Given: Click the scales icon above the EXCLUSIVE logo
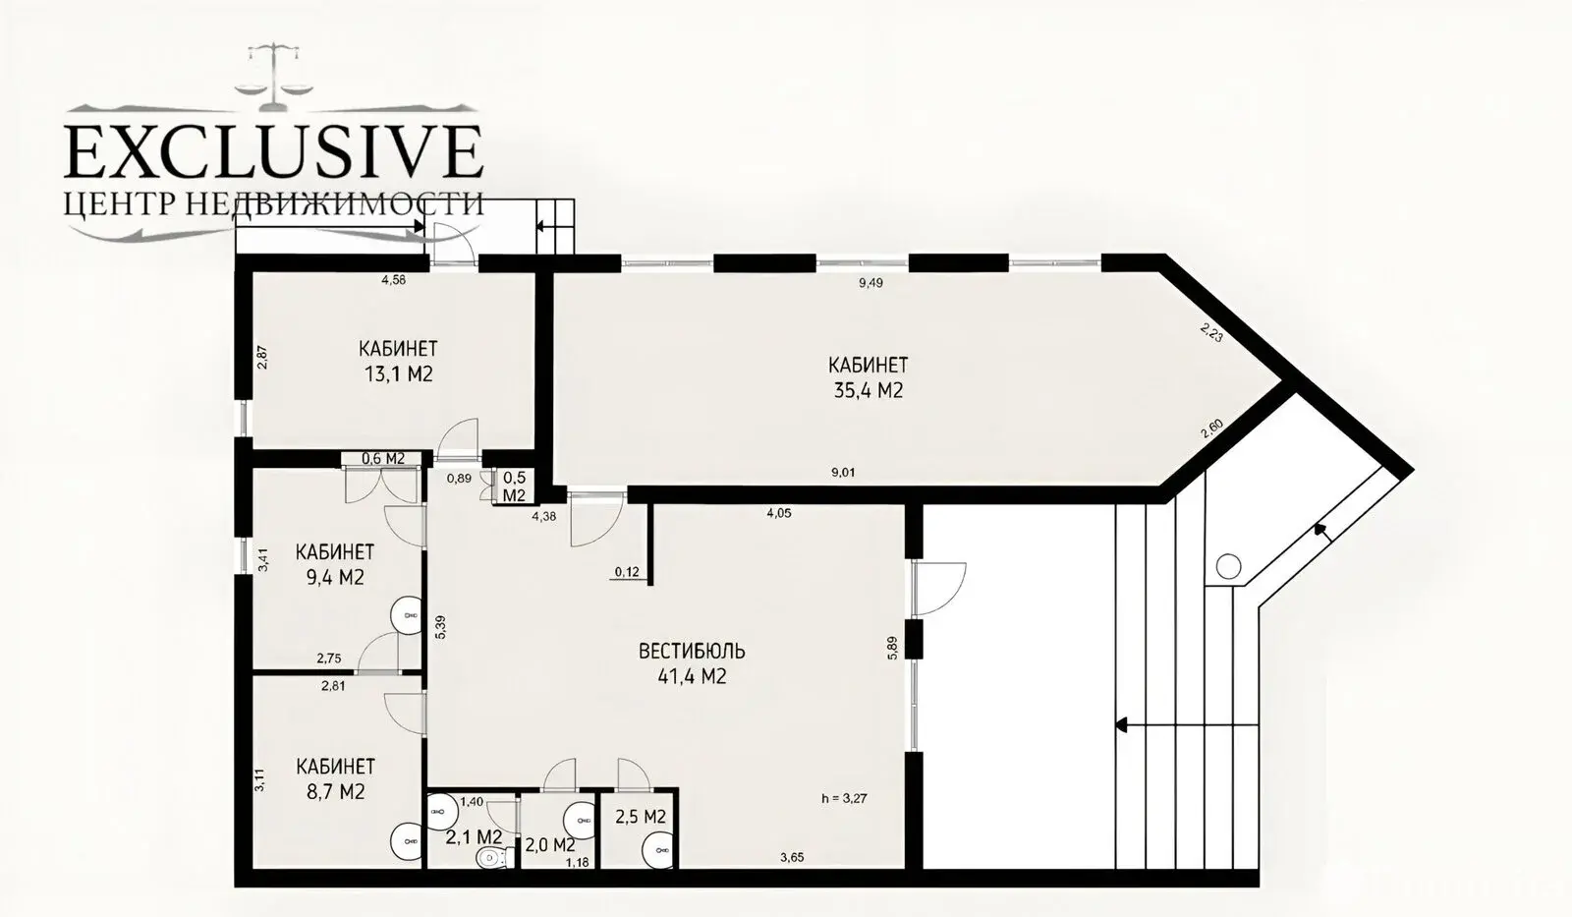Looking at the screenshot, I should [x=272, y=68].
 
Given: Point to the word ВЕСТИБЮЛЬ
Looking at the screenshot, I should [x=692, y=651].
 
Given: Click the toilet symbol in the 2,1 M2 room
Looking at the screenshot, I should [x=488, y=859].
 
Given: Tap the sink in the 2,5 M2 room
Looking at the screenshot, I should [x=657, y=849].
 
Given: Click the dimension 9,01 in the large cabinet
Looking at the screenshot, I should [x=843, y=473].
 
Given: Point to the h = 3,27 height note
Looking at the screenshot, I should [x=845, y=798].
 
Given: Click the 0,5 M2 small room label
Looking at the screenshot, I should [x=514, y=486].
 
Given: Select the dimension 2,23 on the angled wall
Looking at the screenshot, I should [x=1211, y=332].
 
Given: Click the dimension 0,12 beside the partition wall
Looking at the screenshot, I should [x=627, y=572].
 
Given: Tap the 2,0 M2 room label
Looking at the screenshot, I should [x=549, y=843].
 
